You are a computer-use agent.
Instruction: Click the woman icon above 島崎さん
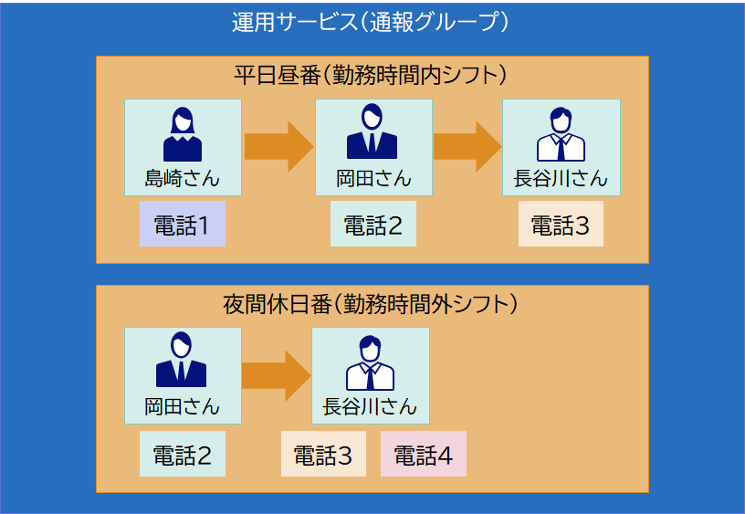183,134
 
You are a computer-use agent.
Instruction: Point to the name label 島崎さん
183,178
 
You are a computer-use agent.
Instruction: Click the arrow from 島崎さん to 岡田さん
278,146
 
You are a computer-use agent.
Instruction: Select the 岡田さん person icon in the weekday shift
372,132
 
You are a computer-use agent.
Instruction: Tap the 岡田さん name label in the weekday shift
373,178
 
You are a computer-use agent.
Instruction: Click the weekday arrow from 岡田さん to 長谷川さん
467,146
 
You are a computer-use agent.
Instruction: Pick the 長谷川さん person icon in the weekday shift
561,134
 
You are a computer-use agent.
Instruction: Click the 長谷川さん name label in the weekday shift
561,178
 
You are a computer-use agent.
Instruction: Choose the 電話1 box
183,226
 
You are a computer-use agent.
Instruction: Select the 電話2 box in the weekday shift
373,226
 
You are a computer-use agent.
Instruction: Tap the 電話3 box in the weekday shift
561,226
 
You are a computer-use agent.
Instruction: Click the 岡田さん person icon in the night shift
182,361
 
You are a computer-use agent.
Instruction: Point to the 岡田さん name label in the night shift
183,406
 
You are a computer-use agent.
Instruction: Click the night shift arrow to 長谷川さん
277,375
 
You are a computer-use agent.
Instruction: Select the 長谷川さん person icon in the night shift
370,362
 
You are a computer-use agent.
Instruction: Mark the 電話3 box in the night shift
322,455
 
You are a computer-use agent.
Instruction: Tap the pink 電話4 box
423,455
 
